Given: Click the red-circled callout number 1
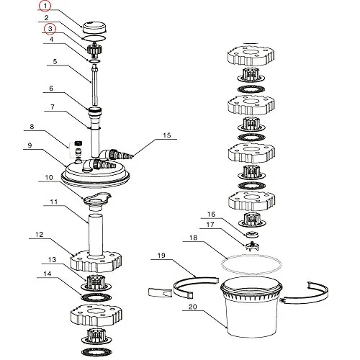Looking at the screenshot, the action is tap(45, 6).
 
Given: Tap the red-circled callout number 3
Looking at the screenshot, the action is tap(50, 29).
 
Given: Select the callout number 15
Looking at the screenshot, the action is tap(167, 135).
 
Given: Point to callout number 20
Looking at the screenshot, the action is tap(193, 307).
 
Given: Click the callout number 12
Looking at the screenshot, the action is tap(40, 235).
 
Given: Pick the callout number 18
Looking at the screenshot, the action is tap(193, 238).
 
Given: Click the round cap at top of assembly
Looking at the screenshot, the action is tap(94, 27).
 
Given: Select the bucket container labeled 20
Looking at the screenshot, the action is tap(251, 307).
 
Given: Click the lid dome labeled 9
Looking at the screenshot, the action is tap(95, 174).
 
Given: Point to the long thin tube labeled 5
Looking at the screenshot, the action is tap(95, 86).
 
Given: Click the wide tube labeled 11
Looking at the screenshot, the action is tap(96, 235).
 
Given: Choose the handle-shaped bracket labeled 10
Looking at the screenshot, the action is tap(97, 200).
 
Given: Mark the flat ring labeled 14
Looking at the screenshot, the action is tap(96, 297).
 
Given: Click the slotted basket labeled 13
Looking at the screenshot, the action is tap(96, 282).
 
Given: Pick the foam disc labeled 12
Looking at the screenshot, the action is tap(96, 261).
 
